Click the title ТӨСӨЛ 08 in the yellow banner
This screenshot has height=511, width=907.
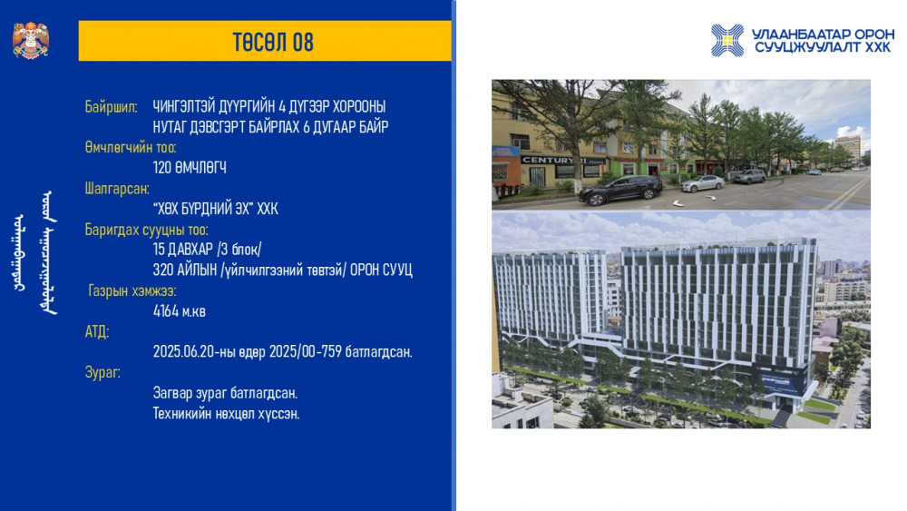coord(273,43)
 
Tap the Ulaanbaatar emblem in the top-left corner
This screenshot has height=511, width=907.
coord(31,40)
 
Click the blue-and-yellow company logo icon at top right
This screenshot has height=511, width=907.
coord(727,41)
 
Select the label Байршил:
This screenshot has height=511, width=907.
coord(111,107)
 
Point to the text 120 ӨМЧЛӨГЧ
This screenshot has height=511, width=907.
coord(190,168)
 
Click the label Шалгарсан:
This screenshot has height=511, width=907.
coord(117,189)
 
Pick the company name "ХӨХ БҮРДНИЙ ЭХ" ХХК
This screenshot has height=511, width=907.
coord(215,209)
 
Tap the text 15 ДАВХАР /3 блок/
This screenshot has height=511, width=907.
coord(207,250)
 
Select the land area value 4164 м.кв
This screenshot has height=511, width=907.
coord(180,311)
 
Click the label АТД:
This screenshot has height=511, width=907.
coord(97,331)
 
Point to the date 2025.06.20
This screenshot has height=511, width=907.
coord(183,352)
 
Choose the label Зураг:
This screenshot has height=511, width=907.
coord(102,373)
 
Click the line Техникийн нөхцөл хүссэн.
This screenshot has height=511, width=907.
coord(226,414)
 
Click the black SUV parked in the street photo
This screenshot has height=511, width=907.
coord(620,191)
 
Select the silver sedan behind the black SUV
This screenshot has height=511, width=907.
coord(702,183)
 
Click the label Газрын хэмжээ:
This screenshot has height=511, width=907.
coord(132,290)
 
